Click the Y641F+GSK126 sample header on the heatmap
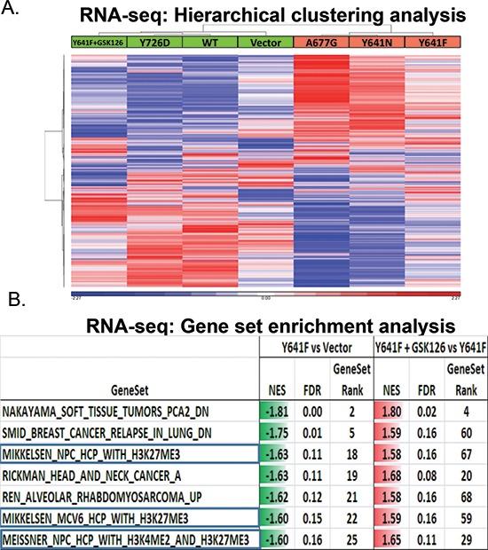[98, 42]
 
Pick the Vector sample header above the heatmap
[264, 42]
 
